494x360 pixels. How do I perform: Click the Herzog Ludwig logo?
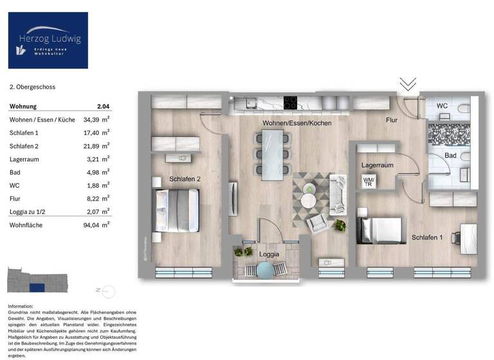point(48,40)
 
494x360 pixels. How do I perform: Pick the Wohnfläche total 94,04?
point(95,225)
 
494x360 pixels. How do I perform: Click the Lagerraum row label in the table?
point(24,159)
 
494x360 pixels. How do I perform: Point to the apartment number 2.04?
point(103,106)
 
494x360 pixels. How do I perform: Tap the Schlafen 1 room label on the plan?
point(427,238)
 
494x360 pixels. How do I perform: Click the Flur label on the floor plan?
point(392,120)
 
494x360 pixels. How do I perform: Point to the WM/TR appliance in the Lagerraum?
point(368,182)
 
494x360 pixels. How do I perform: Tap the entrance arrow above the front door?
point(408,85)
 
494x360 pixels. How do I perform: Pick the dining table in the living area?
point(272,152)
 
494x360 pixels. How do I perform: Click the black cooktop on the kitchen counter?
point(291,103)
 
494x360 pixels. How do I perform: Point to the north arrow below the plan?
point(96,290)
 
